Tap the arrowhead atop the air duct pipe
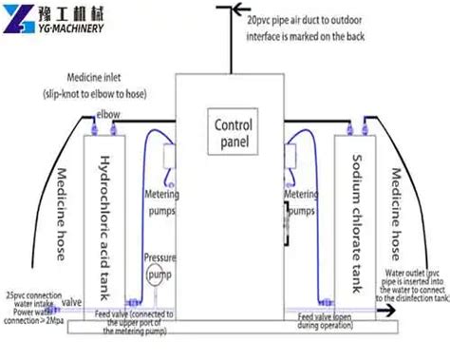225,9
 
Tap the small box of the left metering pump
171,156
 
